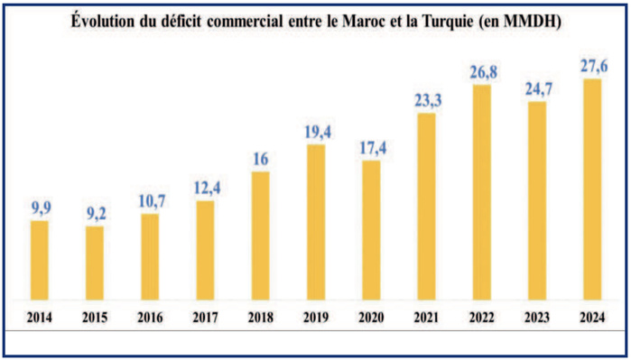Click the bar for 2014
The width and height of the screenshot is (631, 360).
click(x=39, y=260)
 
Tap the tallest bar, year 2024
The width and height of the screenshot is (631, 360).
click(x=591, y=189)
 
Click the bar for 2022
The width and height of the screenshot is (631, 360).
click(x=481, y=191)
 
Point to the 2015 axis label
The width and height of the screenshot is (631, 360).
click(x=94, y=317)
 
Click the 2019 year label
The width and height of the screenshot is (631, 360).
click(x=315, y=317)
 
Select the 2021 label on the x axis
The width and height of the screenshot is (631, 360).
click(x=426, y=317)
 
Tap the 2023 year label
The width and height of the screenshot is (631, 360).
click(x=536, y=317)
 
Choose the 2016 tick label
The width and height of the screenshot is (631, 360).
click(x=150, y=317)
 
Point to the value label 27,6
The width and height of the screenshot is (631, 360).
click(x=591, y=67)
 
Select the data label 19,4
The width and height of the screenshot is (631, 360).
click(x=315, y=133)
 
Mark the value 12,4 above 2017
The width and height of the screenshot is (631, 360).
click(x=205, y=189)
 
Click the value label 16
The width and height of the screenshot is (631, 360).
click(x=260, y=160)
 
